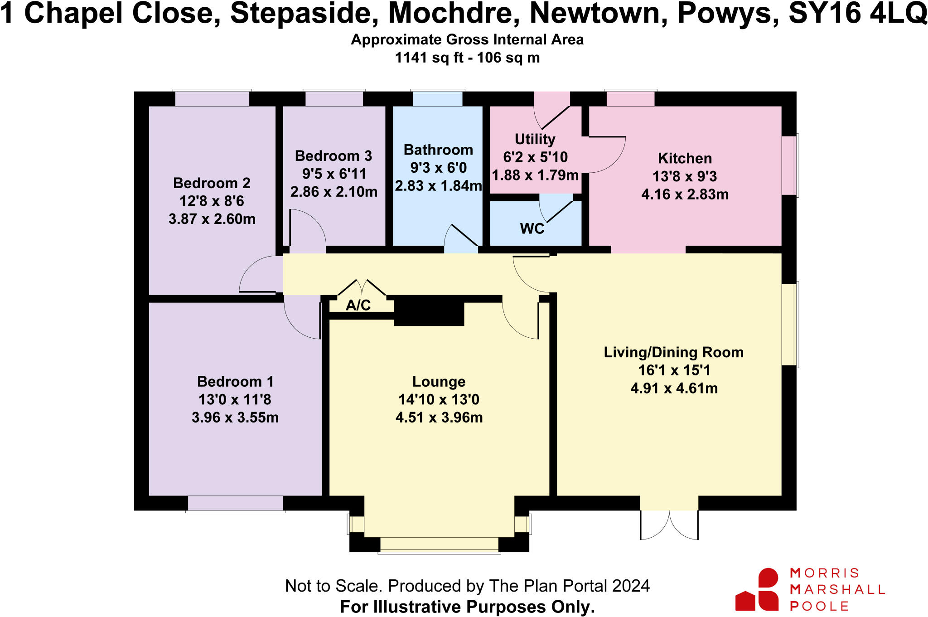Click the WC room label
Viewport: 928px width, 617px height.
pyautogui.click(x=532, y=228)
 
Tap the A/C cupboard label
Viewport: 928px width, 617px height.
pyautogui.click(x=358, y=305)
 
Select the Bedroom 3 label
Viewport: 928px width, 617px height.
pyautogui.click(x=333, y=156)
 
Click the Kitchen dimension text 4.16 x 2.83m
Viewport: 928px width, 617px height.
pyautogui.click(x=685, y=194)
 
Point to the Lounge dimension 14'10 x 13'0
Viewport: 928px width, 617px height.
pyautogui.click(x=439, y=399)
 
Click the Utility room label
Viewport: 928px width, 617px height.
pyautogui.click(x=535, y=139)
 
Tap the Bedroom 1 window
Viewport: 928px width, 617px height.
pyautogui.click(x=235, y=504)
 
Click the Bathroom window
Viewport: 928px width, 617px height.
pyautogui.click(x=437, y=98)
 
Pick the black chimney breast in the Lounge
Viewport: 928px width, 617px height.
pyautogui.click(x=429, y=313)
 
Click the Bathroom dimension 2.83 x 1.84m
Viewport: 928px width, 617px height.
pyautogui.click(x=438, y=186)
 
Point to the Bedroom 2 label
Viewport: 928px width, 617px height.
pyautogui.click(x=212, y=183)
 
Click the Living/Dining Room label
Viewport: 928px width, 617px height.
pyautogui.click(x=673, y=352)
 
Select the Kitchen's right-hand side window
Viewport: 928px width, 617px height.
pyautogui.click(x=790, y=165)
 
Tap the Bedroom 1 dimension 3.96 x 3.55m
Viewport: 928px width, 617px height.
pyautogui.click(x=235, y=417)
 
